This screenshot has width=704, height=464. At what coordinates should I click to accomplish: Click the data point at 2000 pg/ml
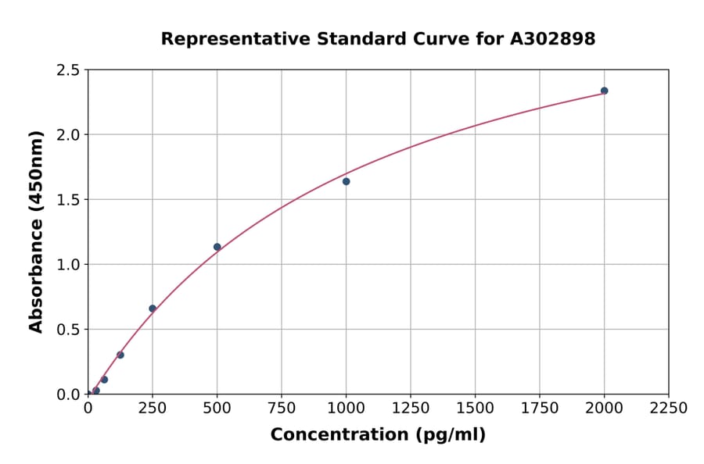pyautogui.click(x=604, y=91)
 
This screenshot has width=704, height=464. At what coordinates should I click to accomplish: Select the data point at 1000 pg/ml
pyautogui.click(x=346, y=181)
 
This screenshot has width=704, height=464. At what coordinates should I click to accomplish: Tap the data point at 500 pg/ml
pyautogui.click(x=217, y=247)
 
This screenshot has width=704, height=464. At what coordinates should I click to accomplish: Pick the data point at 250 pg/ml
pyautogui.click(x=153, y=309)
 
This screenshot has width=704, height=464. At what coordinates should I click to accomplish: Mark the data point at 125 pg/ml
pyautogui.click(x=120, y=355)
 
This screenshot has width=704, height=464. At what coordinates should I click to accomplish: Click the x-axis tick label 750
pyautogui.click(x=282, y=409)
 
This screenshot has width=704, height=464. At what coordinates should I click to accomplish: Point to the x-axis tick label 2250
pyautogui.click(x=669, y=409)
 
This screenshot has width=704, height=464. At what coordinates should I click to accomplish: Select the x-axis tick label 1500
pyautogui.click(x=475, y=409)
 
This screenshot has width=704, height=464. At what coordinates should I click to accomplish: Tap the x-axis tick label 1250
pyautogui.click(x=411, y=409)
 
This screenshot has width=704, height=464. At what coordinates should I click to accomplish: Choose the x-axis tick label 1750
pyautogui.click(x=540, y=409)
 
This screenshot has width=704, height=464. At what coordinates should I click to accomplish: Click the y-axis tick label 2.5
pyautogui.click(x=68, y=70)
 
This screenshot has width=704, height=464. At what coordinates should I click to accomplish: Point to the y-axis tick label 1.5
pyautogui.click(x=68, y=200)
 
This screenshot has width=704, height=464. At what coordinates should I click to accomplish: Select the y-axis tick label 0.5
pyautogui.click(x=68, y=330)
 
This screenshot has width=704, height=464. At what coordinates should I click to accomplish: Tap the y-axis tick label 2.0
pyautogui.click(x=68, y=135)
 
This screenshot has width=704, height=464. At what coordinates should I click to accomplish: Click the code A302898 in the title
pyautogui.click(x=553, y=39)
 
